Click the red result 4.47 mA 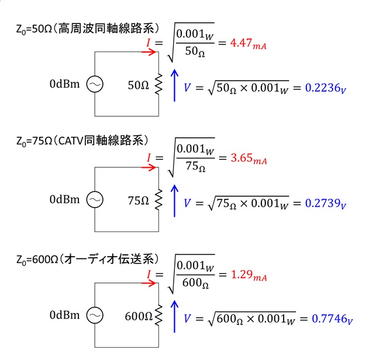tap(248, 44)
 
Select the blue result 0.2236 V tap(325, 88)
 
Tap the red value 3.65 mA tap(249, 159)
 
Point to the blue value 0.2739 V tap(325, 204)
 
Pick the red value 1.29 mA tap(249, 275)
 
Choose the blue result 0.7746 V tap(332, 320)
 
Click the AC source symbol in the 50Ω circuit tap(95, 84)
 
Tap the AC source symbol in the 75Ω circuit tap(95, 199)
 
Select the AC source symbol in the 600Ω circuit tap(95, 315)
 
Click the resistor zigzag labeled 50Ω tap(158, 84)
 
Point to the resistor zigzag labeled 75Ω tap(158, 199)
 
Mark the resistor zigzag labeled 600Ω tap(158, 315)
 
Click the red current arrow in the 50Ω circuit tap(149, 52)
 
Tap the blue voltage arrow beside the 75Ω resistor tap(174, 201)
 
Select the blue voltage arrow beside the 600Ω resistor tap(174, 316)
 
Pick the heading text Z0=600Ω tap(37, 260)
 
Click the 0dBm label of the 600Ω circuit tap(64, 315)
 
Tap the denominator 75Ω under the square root tap(195, 167)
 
